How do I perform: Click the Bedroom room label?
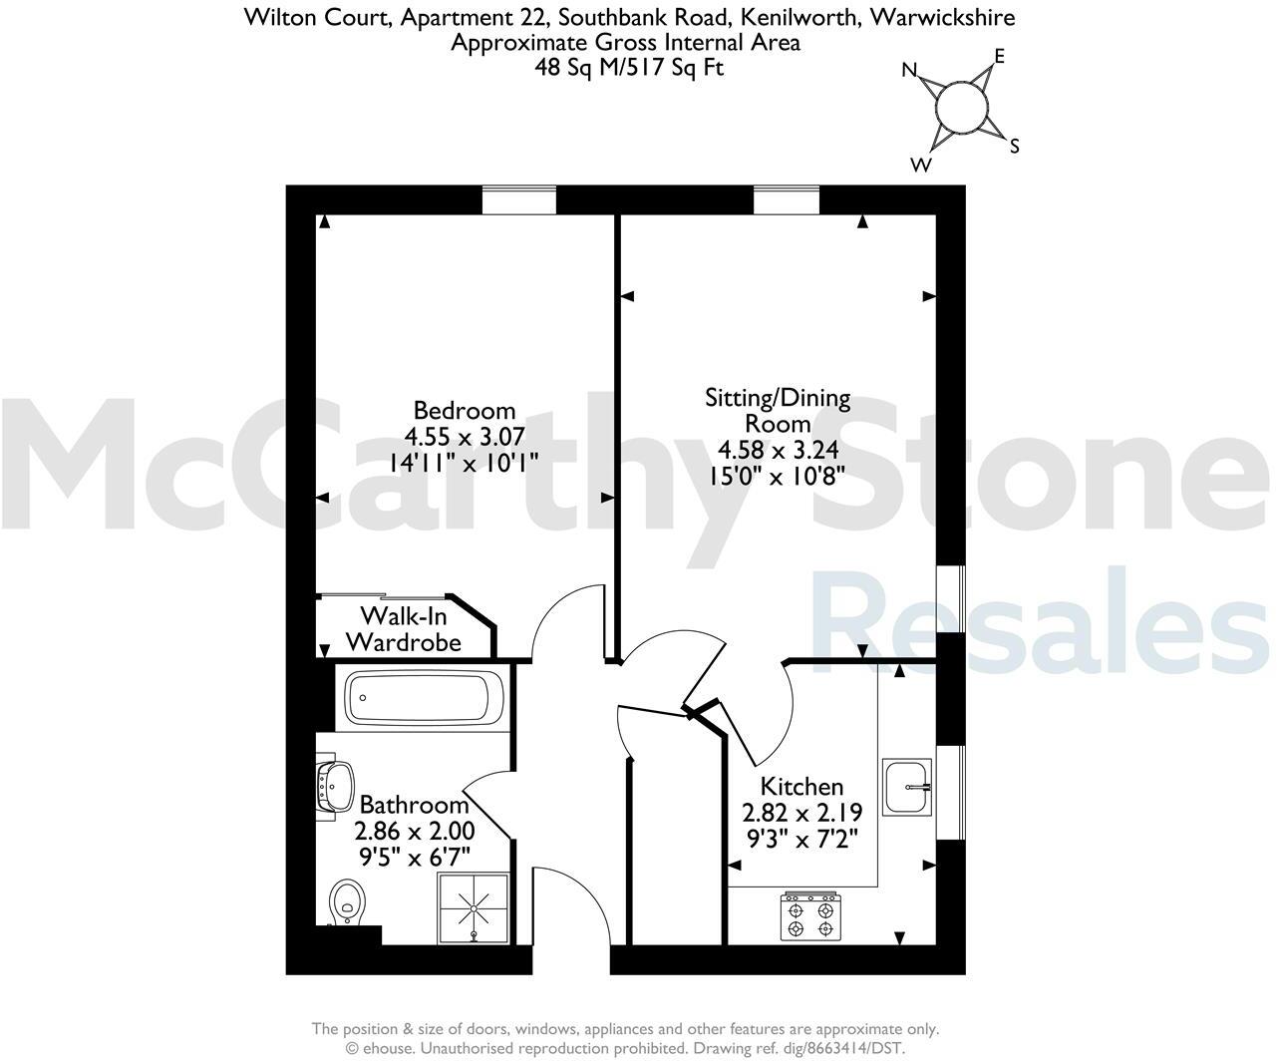pyautogui.click(x=465, y=410)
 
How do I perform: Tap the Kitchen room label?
pyautogui.click(x=801, y=786)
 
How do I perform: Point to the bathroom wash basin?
pyautogui.click(x=335, y=783)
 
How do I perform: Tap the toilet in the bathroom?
pyautogui.click(x=346, y=900)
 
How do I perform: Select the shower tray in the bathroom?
pyautogui.click(x=473, y=907)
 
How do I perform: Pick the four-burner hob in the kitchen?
pyautogui.click(x=810, y=918)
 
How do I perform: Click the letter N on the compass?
pyautogui.click(x=909, y=70)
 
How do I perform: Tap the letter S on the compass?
pyautogui.click(x=1015, y=147)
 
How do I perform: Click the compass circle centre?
pyautogui.click(x=962, y=107)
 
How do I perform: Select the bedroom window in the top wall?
pyautogui.click(x=518, y=199)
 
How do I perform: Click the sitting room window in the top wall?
pyautogui.click(x=786, y=199)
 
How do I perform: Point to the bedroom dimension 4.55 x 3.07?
pyautogui.click(x=465, y=436)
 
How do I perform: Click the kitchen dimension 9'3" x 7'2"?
pyautogui.click(x=801, y=838)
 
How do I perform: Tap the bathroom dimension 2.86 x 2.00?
pyautogui.click(x=415, y=831)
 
